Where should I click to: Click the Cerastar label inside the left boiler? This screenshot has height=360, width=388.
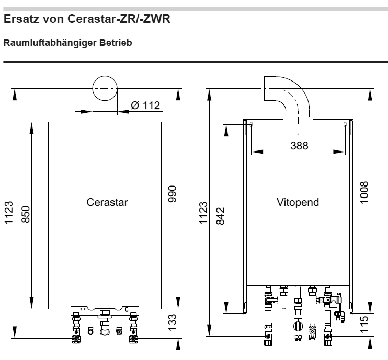(107, 202)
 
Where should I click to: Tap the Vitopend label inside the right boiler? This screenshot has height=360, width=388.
(298, 202)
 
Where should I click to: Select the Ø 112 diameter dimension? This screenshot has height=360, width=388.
(145, 106)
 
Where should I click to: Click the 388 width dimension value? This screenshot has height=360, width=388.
(300, 146)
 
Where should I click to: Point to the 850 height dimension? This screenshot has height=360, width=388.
(26, 214)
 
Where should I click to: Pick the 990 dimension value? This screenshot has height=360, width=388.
(172, 194)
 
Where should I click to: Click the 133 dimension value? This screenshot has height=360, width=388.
(172, 322)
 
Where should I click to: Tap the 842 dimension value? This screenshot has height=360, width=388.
(221, 216)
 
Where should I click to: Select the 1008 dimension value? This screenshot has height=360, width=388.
(364, 193)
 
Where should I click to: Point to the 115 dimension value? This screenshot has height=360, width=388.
(364, 324)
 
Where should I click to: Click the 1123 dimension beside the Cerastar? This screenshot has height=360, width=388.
(9, 213)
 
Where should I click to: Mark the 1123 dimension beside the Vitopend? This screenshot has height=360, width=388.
(203, 213)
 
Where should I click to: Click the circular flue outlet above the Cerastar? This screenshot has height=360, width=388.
(105, 88)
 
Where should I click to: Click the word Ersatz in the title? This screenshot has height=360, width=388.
(21, 19)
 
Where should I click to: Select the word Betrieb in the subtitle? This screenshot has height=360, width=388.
(116, 43)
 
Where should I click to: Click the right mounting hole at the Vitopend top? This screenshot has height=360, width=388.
(345, 124)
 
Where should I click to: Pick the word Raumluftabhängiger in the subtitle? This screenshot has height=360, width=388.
(50, 43)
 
